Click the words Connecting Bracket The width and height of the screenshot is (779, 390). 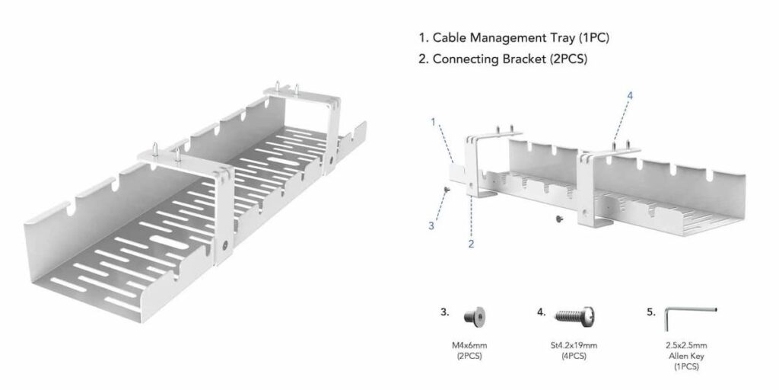click(x=488, y=59)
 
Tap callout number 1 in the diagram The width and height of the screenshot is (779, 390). click(x=433, y=121)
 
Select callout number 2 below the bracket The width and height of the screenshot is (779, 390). click(x=471, y=244)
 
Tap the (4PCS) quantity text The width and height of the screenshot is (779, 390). click(x=571, y=356)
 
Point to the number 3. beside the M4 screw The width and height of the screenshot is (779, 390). click(x=445, y=312)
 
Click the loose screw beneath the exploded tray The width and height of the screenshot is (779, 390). click(x=559, y=219)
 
